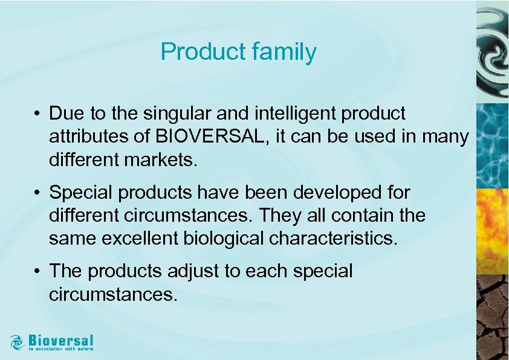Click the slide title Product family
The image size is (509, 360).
pos(238,53)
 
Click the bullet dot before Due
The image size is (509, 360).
pos(37,114)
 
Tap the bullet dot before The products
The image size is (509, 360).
pos(37,272)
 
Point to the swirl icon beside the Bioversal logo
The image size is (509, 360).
pos(17,342)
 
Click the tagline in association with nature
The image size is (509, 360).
pos(61,349)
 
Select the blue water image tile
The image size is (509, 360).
pos(492,145)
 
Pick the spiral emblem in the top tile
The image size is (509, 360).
pos(492,51)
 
